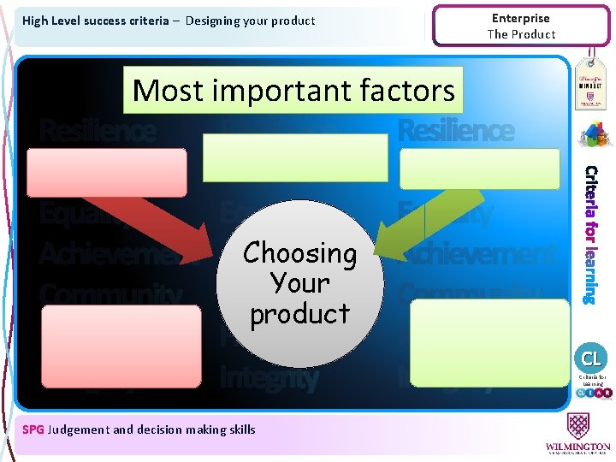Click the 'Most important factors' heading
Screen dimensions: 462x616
point(293,90)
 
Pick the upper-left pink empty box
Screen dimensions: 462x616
point(107,172)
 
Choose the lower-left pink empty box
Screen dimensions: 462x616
point(121,346)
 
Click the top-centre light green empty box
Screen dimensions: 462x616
point(294,157)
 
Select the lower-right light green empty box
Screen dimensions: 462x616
point(489,341)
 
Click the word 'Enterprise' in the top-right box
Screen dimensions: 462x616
point(521,18)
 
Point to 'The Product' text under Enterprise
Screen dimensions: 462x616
point(521,34)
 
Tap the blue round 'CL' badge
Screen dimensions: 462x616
point(591,358)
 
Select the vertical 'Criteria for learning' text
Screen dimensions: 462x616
point(590,234)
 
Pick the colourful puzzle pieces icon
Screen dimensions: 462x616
point(591,134)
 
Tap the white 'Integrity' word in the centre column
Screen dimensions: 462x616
point(269,377)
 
